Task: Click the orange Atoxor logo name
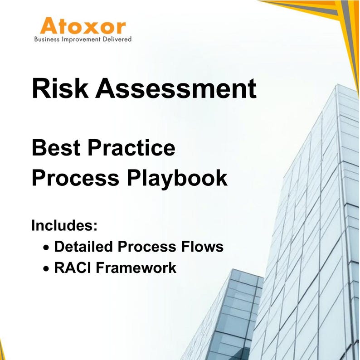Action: coord(83,26)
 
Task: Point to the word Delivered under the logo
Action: coord(117,39)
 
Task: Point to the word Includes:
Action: coord(65,225)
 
